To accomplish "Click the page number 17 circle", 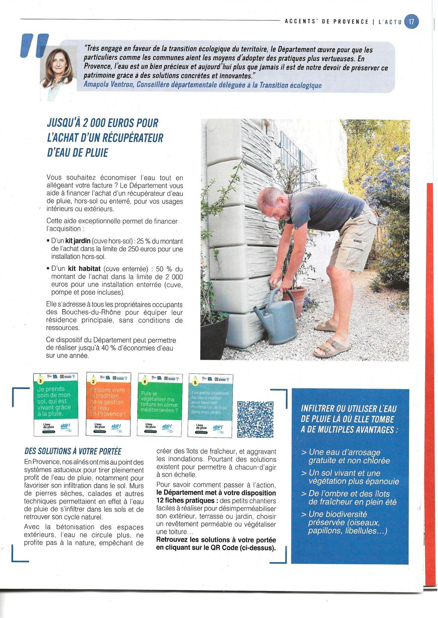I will click(411, 21).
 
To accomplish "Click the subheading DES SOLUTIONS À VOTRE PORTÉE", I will click(73, 451).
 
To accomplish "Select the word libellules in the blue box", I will click(365, 531).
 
